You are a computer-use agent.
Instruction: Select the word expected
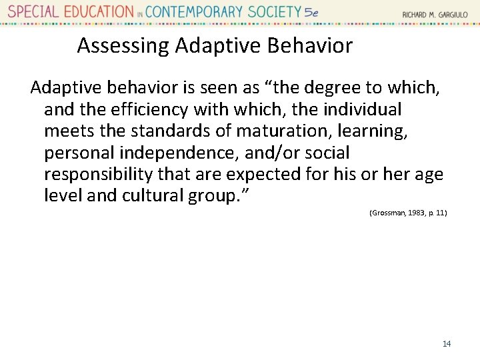tap(265, 175)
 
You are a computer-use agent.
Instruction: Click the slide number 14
tap(447, 343)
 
